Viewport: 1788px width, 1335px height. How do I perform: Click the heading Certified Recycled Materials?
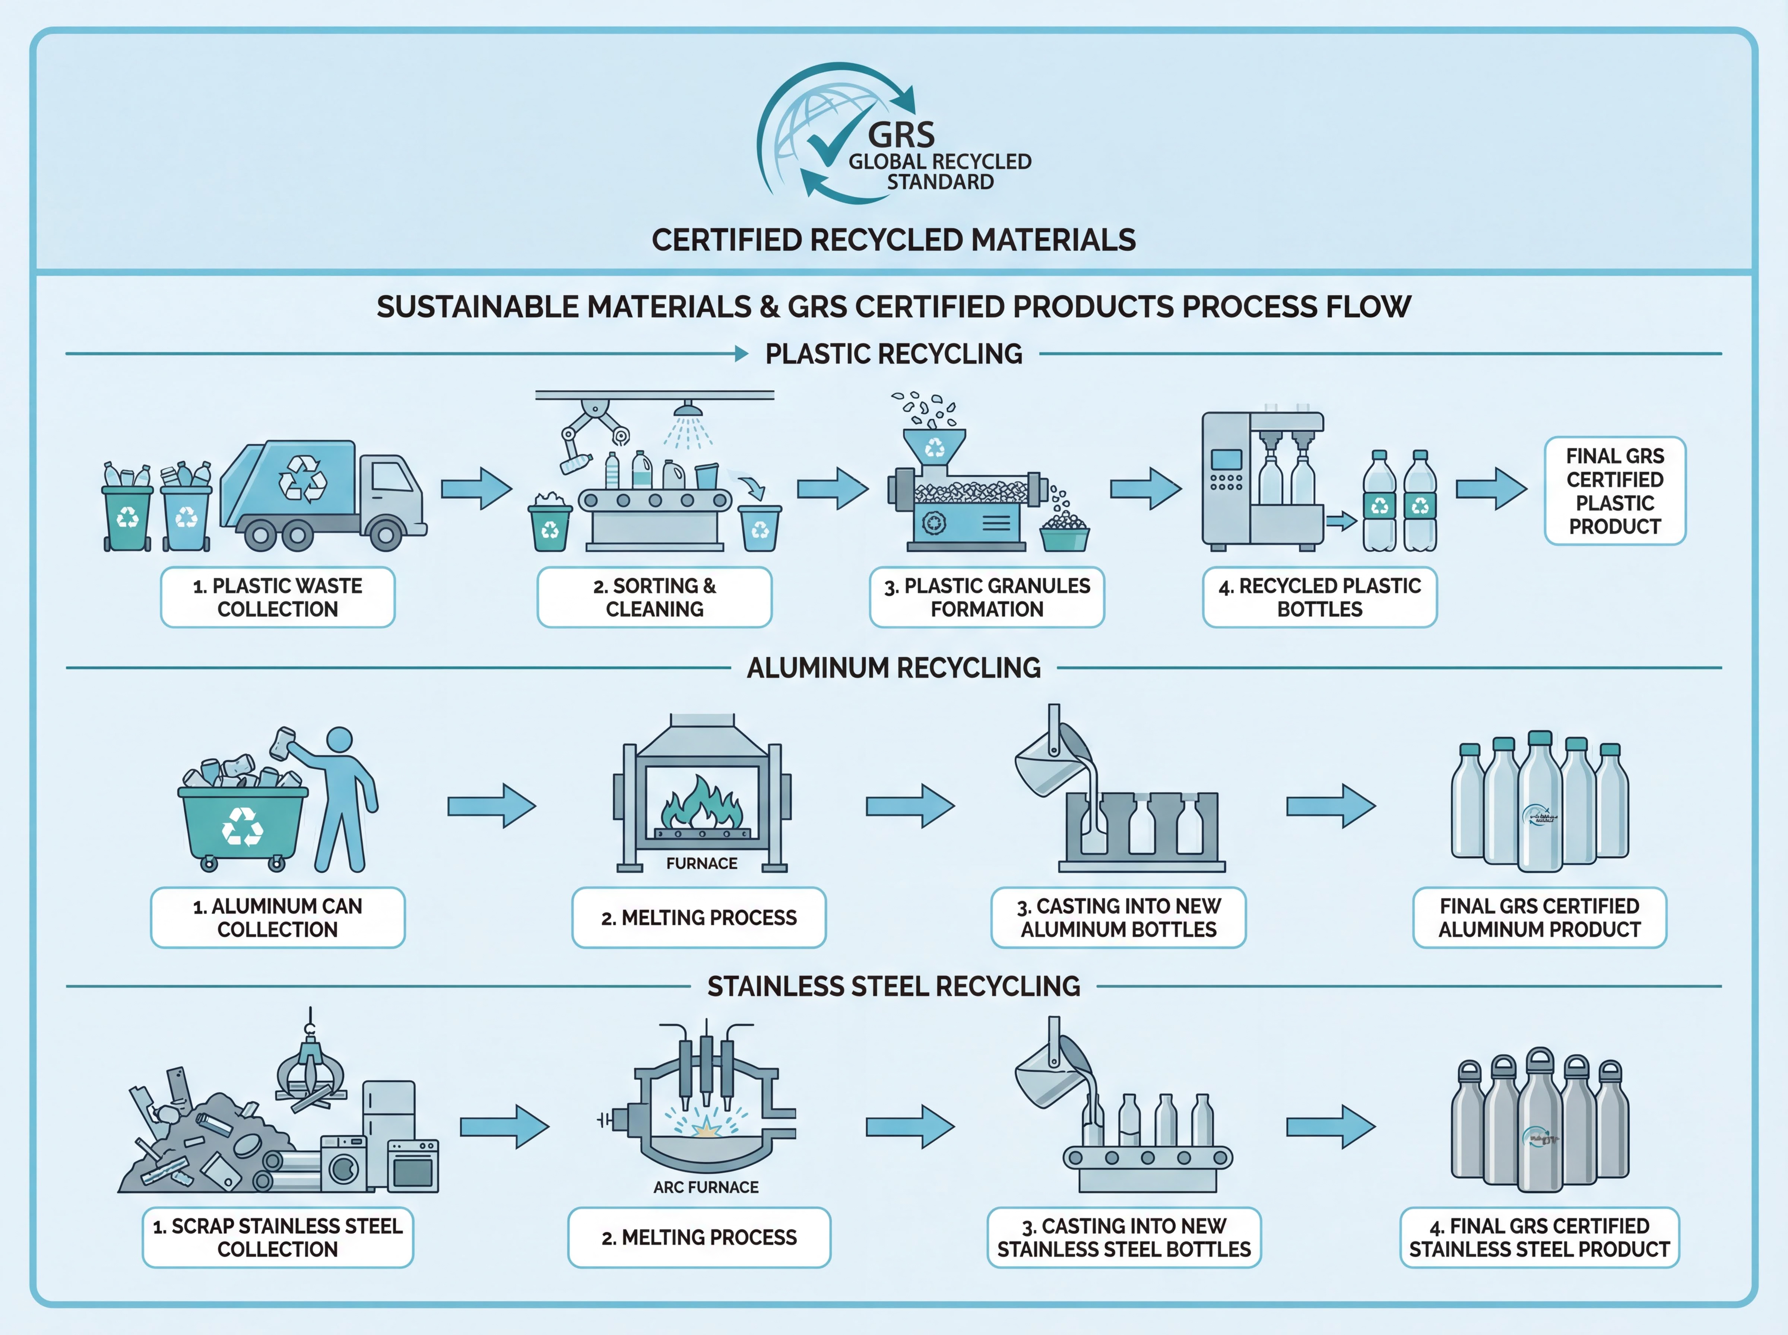(x=894, y=240)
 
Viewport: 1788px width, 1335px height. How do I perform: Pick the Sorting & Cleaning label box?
(x=654, y=597)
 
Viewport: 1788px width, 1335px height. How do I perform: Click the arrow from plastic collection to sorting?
(x=476, y=488)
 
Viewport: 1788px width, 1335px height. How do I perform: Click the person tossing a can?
(x=339, y=796)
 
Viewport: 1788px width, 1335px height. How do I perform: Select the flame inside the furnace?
(x=701, y=804)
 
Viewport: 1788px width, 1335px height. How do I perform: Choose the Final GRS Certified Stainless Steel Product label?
(x=1539, y=1237)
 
